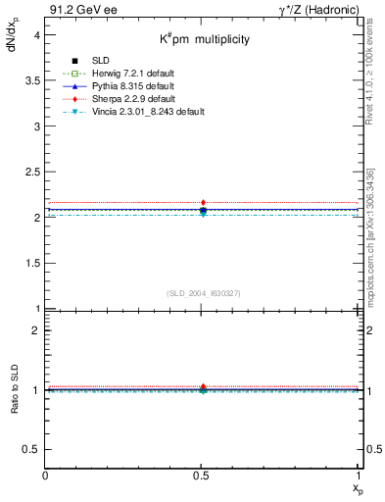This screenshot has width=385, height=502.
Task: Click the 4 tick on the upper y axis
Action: point(36,34)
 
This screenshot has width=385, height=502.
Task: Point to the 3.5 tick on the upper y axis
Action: point(32,80)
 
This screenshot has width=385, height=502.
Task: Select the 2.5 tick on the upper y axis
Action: point(32,172)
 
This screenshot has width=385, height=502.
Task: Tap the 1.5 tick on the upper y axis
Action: point(32,264)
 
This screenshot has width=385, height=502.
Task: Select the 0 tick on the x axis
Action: point(45,475)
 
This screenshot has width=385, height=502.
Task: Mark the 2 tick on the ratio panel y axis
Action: point(36,330)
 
